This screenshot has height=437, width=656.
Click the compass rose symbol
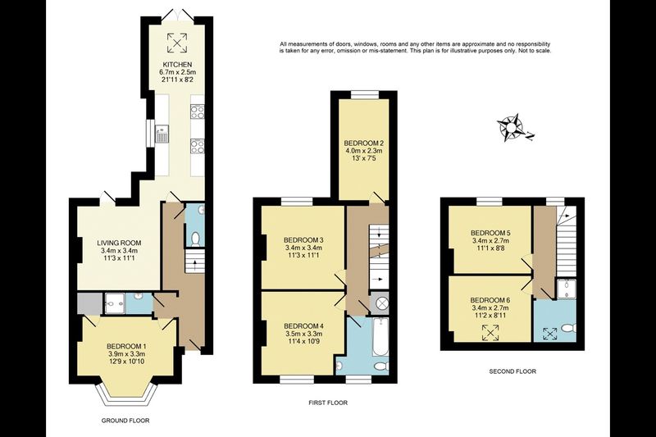[x=510, y=127]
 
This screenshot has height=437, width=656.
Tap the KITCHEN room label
[x=177, y=65]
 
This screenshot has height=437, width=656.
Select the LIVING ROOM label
[x=119, y=243]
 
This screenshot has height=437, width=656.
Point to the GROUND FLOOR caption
[x=125, y=421]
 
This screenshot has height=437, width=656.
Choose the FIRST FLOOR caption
[x=328, y=403]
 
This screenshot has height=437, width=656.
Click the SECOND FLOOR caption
[x=512, y=371]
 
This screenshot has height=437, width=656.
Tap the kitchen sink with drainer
[x=162, y=134]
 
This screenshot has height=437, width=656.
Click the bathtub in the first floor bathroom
[x=380, y=337]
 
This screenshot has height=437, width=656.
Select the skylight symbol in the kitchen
[x=177, y=43]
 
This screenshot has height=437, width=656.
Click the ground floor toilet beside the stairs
[x=195, y=239]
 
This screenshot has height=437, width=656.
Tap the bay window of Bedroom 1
[x=125, y=394]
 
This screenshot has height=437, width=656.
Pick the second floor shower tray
[x=566, y=289]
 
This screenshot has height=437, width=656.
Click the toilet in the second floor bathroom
[x=568, y=329]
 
